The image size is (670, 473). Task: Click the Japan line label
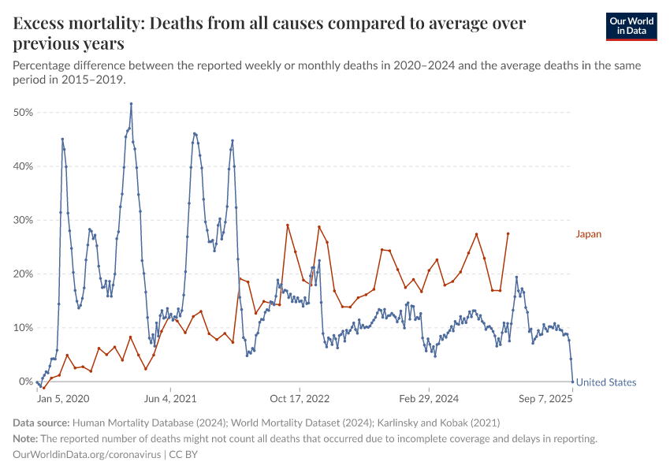588,234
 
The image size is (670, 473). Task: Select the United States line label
605,382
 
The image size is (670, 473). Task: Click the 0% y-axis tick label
25,382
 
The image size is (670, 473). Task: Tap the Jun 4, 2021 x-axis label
169,399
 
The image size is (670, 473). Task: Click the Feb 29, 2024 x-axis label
428,399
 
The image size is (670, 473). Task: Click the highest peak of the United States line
131,103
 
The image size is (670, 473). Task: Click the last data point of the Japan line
508,233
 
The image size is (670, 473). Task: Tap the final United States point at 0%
572,382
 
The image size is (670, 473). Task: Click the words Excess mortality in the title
74,24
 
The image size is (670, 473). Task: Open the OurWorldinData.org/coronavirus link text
87,455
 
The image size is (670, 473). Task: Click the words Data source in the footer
42,423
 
